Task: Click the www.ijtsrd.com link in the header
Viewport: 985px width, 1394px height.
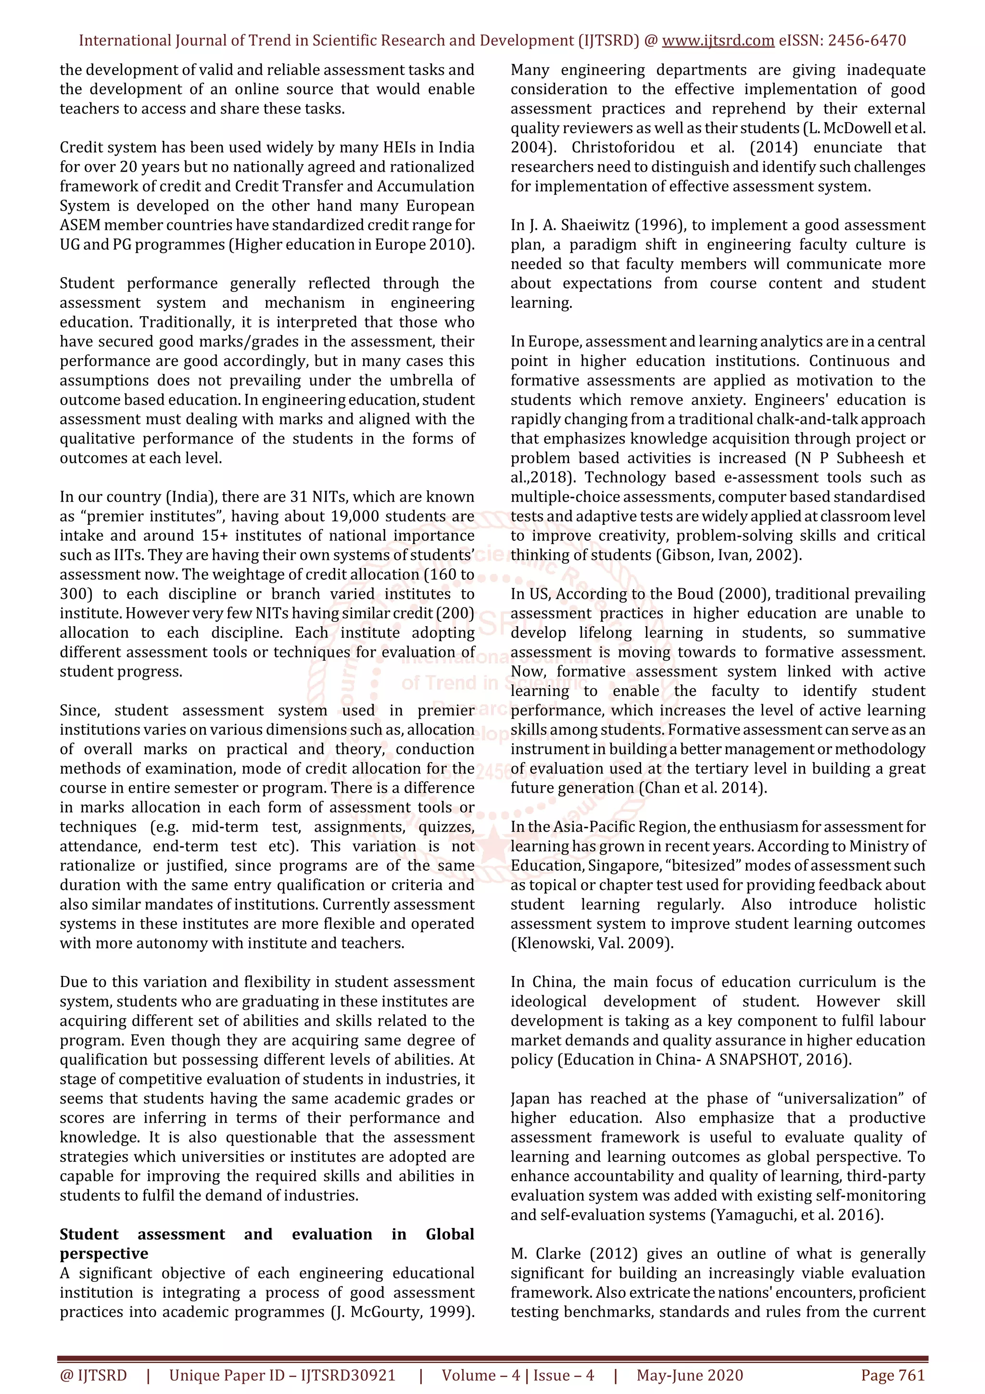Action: (718, 41)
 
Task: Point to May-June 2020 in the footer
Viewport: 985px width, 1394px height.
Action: (689, 1375)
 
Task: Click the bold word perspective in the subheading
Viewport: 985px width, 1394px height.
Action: (104, 1254)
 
